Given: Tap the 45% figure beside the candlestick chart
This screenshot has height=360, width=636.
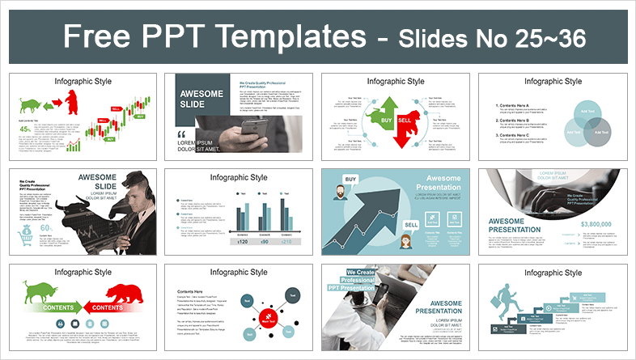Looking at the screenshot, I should [25, 128].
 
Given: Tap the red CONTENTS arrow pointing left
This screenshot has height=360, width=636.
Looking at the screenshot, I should [106, 308].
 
